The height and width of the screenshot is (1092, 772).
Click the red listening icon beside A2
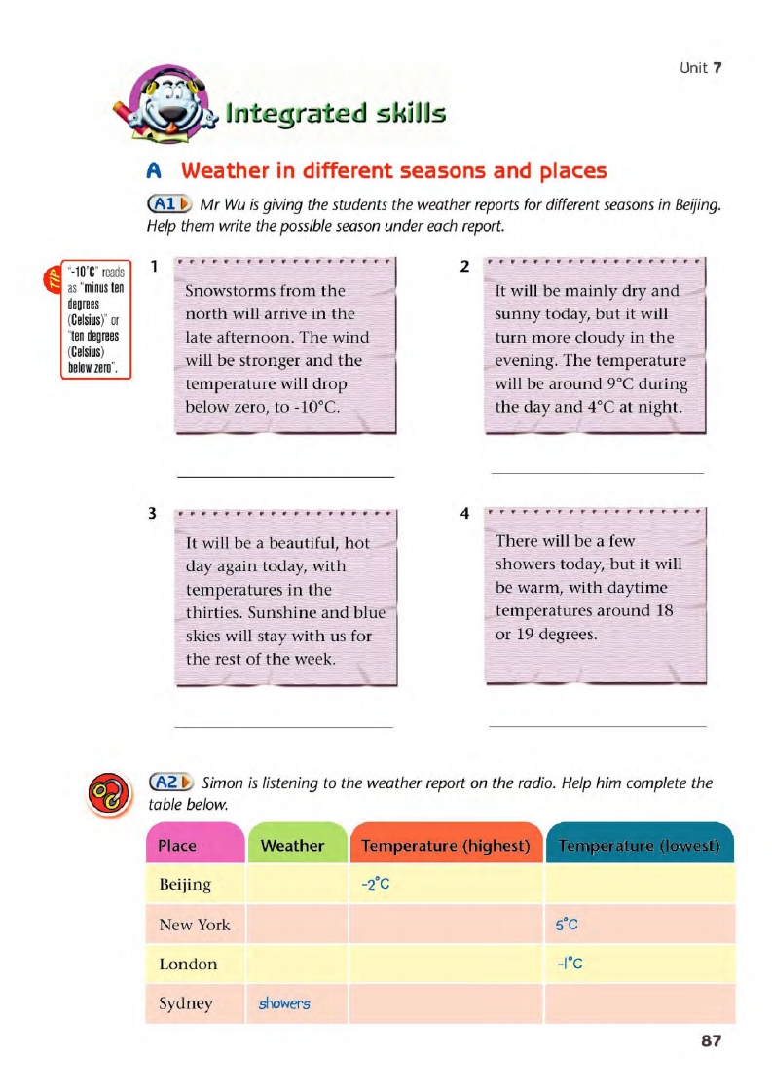click(105, 793)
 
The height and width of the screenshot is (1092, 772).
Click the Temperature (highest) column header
click(445, 846)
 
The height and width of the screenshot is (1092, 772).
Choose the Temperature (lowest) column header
click(639, 846)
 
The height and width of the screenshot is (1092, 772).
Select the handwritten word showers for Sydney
click(284, 1003)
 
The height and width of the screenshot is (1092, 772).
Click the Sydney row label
click(185, 1003)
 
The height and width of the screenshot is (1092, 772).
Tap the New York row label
click(195, 925)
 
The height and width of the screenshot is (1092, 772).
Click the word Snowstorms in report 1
click(230, 291)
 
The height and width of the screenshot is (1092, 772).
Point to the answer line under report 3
click(283, 726)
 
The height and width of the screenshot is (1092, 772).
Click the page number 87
click(711, 1041)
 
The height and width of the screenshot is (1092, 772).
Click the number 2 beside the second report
click(464, 266)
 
